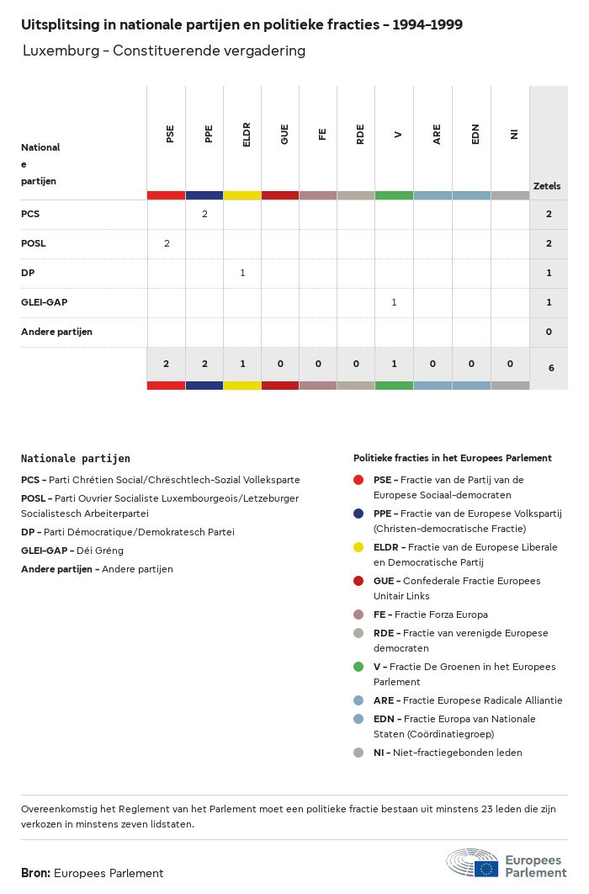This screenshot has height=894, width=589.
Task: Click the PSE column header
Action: (x=170, y=134)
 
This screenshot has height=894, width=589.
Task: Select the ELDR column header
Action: (x=247, y=134)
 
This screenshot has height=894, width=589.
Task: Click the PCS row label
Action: (x=30, y=214)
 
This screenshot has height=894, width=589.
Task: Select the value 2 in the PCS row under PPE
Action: (x=204, y=214)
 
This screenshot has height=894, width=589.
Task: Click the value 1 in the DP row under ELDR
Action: (x=242, y=273)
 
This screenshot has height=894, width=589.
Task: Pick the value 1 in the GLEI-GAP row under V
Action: (x=394, y=302)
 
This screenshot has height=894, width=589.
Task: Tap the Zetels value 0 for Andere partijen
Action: (x=549, y=332)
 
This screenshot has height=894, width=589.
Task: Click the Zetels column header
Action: (x=547, y=186)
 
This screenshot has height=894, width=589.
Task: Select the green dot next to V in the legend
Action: (x=358, y=667)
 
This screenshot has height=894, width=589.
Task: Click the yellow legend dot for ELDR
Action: (x=358, y=547)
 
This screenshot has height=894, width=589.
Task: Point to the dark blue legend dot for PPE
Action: (x=358, y=514)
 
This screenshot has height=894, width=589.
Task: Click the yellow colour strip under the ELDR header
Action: (x=242, y=195)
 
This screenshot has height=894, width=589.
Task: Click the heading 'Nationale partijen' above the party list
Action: (x=76, y=459)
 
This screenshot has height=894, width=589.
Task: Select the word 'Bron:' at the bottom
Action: (x=35, y=873)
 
